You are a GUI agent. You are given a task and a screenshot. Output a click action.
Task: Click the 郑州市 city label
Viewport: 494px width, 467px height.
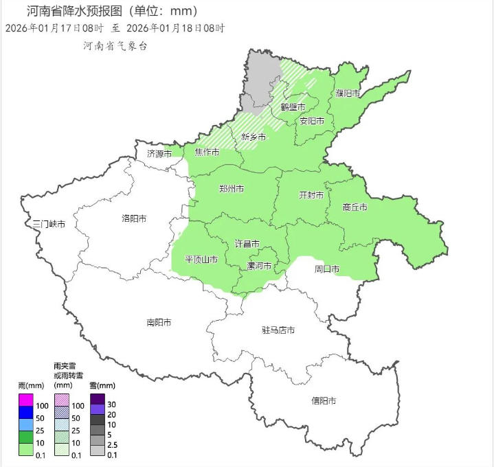(x=231, y=189)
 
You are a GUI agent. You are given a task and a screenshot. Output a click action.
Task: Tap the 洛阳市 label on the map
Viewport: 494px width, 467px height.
(x=134, y=218)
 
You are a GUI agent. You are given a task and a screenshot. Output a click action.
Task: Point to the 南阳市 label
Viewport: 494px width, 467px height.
(x=159, y=322)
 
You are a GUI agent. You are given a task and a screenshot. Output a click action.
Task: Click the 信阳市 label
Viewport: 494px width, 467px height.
(x=324, y=400)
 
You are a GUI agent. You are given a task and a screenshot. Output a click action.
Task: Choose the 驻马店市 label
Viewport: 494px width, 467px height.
(x=278, y=330)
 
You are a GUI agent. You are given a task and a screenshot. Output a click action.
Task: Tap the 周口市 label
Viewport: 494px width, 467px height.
(x=327, y=269)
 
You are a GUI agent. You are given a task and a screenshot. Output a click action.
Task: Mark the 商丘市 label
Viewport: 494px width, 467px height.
(x=355, y=207)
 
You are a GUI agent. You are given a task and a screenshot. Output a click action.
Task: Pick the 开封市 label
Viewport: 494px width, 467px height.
(x=311, y=195)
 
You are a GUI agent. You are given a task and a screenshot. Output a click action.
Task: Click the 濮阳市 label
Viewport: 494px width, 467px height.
(x=348, y=93)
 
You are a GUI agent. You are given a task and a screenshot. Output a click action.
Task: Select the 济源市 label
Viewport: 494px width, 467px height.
(x=159, y=154)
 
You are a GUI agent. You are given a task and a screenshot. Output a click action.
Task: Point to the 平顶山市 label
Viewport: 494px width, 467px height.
(x=201, y=260)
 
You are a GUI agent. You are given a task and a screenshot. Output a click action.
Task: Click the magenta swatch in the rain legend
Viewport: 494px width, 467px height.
(x=25, y=400)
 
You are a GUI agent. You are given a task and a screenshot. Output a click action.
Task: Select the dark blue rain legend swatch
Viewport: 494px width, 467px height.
(x=25, y=411)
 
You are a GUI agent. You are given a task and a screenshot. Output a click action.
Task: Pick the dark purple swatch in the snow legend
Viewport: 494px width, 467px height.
(x=98, y=398)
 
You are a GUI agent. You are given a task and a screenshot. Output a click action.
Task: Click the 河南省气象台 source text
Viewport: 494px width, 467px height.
(x=115, y=46)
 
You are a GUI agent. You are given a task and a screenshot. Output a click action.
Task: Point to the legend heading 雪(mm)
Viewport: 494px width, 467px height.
(x=102, y=385)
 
